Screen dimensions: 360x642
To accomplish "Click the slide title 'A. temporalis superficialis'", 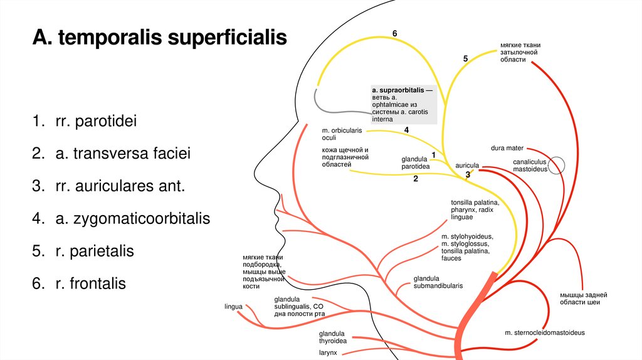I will click(x=160, y=39).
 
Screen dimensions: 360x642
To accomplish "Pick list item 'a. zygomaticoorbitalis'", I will click(x=132, y=219).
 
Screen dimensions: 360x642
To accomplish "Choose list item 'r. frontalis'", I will click(x=90, y=283).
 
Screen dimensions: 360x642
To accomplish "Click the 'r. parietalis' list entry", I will click(x=94, y=251).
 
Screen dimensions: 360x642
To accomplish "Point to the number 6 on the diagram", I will click(x=395, y=33).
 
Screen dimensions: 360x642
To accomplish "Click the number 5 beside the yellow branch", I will click(x=465, y=58).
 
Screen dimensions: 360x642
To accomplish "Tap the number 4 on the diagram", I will click(x=406, y=130).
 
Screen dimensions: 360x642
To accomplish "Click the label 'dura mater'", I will click(x=507, y=148).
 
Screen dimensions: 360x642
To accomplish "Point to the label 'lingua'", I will click(x=233, y=307).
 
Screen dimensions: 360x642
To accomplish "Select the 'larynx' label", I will click(x=328, y=352).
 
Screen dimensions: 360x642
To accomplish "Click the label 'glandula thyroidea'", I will click(x=332, y=337).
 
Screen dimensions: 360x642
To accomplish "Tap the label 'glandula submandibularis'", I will click(x=438, y=282).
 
